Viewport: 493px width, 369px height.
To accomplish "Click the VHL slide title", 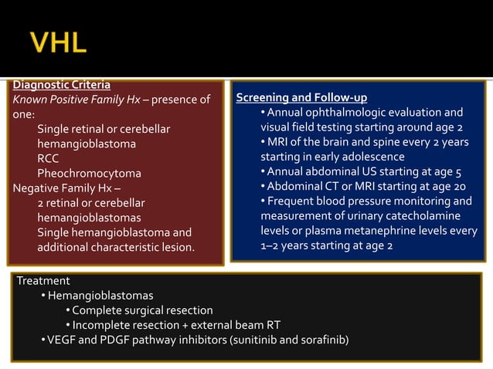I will pos(58,42).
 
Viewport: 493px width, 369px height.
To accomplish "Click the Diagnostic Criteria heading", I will pos(62,84).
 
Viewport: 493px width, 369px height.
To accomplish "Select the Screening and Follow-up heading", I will pos(301,98).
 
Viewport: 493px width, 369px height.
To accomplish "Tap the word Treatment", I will pos(43,281).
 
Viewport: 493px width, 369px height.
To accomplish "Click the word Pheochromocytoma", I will pos(89,173).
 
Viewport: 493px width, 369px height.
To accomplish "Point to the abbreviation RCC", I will pos(48,158).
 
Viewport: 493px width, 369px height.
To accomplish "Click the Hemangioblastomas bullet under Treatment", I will pos(100,296).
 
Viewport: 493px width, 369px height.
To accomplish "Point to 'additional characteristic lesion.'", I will pos(116,247).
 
